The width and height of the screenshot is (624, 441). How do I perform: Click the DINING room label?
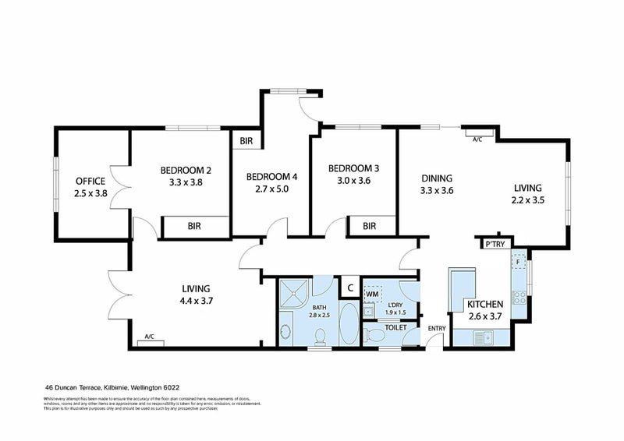[x=437, y=177]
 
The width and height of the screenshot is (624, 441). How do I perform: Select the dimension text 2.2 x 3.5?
[x=528, y=200]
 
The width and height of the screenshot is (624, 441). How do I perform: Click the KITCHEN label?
[x=484, y=303]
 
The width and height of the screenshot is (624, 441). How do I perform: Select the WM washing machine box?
[x=373, y=294]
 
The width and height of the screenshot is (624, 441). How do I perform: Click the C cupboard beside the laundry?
[x=350, y=288]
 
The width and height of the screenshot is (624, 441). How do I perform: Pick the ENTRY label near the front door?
[x=436, y=328]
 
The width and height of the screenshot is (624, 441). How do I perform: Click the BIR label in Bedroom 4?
[x=246, y=141]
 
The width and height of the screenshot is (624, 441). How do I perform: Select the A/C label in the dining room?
[x=477, y=139]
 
